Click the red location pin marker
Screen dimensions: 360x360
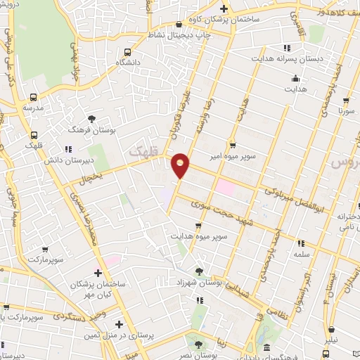tap(181, 165)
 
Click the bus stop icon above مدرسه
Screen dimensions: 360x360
tap(33, 98)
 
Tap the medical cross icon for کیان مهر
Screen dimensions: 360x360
tap(98, 273)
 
